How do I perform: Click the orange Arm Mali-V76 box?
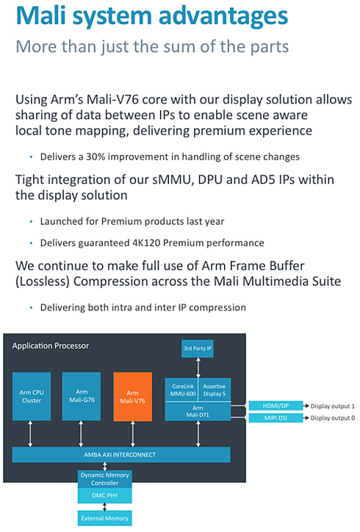click(x=133, y=397)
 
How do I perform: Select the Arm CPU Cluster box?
click(x=32, y=396)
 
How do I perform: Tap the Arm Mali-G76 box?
click(x=82, y=396)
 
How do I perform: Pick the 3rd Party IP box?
click(x=198, y=348)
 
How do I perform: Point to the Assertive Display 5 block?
click(x=215, y=390)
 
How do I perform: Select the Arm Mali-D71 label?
click(x=198, y=411)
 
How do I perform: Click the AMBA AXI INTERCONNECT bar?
click(x=121, y=455)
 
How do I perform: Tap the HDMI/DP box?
click(x=276, y=406)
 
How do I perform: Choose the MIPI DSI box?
click(x=276, y=418)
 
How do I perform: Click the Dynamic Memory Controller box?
click(x=105, y=479)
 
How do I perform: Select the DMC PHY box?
click(x=105, y=496)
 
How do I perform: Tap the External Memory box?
click(x=105, y=518)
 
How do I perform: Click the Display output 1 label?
click(x=333, y=406)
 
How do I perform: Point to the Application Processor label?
click(x=51, y=346)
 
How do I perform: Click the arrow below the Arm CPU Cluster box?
click(x=31, y=434)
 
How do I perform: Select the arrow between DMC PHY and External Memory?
click(x=105, y=507)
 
